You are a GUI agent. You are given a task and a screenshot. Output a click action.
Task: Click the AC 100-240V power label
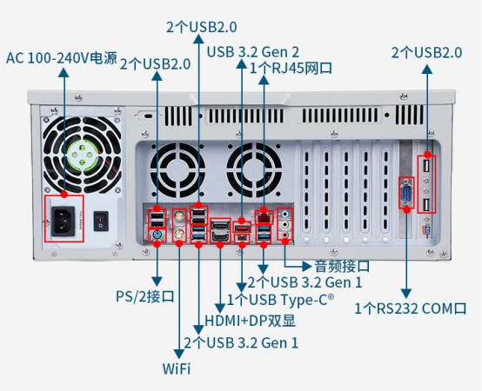point(62,57)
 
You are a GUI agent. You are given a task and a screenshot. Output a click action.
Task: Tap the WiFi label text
point(177,368)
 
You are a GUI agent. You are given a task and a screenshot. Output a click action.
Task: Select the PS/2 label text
point(144,297)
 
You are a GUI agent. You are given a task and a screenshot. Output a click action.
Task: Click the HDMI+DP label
point(250,321)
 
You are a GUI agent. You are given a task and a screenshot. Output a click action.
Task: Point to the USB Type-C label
point(280,300)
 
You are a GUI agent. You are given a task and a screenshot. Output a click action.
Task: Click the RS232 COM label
point(411,308)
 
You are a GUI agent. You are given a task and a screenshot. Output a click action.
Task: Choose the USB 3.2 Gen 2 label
point(252,52)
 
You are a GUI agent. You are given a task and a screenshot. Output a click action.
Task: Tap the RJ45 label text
point(291,68)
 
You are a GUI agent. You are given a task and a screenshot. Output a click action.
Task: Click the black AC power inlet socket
point(64,222)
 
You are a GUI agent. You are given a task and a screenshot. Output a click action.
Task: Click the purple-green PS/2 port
point(157,236)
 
